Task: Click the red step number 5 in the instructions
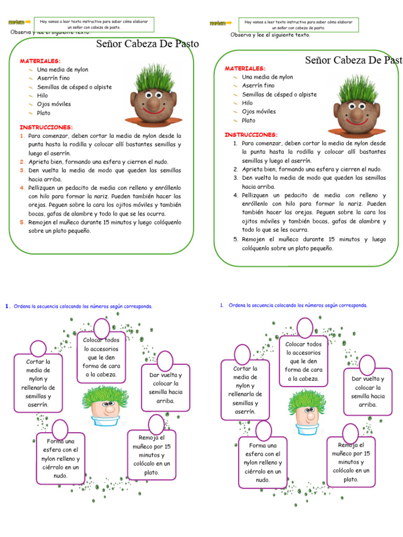[23, 222]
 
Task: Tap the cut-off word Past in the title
[391, 60]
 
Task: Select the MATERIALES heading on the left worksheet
[40, 61]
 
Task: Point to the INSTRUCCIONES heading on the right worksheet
[251, 135]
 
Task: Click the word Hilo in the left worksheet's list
[42, 95]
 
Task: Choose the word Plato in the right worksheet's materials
[249, 120]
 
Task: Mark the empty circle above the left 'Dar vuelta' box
[165, 360]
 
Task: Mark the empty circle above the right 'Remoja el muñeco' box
[350, 433]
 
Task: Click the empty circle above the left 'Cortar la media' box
[38, 349]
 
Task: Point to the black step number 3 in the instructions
[236, 178]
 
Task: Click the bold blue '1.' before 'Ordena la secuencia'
[7, 307]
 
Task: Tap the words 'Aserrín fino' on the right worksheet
[258, 85]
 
